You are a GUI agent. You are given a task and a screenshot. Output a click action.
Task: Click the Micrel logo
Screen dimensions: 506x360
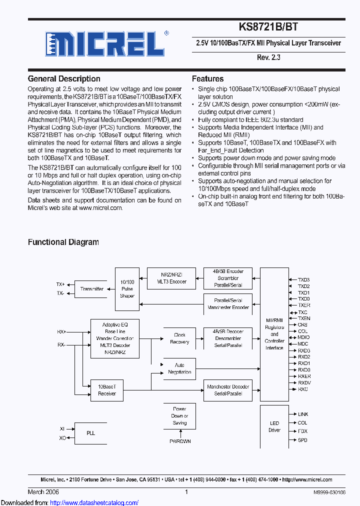tap(104, 43)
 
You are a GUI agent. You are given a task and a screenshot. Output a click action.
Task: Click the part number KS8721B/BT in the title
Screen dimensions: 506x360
tap(268, 27)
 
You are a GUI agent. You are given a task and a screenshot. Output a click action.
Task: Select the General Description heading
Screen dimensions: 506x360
tap(64, 78)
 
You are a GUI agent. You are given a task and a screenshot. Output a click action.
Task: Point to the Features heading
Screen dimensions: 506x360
tap(207, 78)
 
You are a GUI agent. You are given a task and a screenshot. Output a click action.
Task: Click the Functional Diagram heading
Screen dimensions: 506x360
tap(63, 242)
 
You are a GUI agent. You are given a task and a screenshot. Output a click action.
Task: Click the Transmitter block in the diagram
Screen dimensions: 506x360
tap(91, 289)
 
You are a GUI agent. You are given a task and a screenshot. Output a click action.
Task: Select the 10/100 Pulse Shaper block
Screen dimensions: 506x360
tap(127, 289)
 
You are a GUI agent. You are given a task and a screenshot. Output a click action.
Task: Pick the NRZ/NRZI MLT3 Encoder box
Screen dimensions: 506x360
tap(167, 278)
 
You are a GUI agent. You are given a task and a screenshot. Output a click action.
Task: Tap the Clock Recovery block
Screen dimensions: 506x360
tap(179, 338)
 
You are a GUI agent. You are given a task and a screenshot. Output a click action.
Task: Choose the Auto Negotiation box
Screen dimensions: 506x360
tap(179, 368)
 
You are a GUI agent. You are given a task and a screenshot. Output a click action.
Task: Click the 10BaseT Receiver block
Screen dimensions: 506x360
tap(106, 390)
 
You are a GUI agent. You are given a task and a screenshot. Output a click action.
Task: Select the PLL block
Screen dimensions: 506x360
tap(90, 433)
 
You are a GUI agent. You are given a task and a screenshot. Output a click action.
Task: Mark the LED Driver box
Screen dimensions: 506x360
tap(274, 426)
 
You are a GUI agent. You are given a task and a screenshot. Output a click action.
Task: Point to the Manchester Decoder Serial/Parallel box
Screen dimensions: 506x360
tap(228, 390)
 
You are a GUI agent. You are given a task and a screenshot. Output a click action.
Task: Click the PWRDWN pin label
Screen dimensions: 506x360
tap(179, 441)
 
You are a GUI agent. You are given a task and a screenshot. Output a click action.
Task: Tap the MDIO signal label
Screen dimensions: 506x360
tap(303, 337)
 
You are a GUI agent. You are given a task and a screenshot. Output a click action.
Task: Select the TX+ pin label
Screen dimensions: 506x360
tap(60, 284)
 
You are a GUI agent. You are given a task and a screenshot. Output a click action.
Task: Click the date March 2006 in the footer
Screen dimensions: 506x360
tap(43, 492)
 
